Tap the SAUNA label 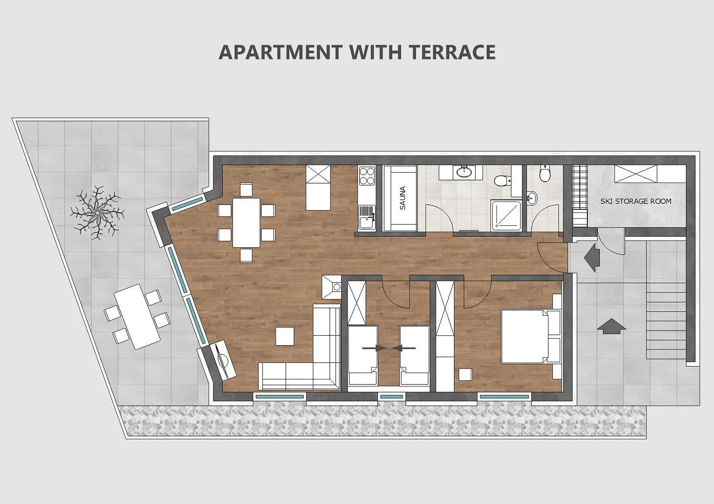pos(403,198)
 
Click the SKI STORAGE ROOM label pos(636,201)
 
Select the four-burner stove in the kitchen pos(367,176)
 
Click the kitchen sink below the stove pos(367,217)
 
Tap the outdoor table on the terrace pos(138,317)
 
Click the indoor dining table pos(246,223)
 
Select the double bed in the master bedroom pos(531,336)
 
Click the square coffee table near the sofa pos(285,336)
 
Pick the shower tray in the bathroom pos(506,215)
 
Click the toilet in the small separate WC pos(545,174)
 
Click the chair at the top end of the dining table pos(246,189)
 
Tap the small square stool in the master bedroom pos(466,374)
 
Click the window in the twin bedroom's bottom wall pos(392,397)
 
